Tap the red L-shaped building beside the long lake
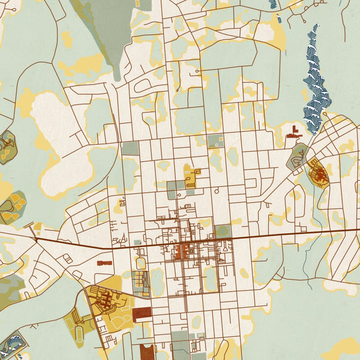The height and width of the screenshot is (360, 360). click(x=295, y=132)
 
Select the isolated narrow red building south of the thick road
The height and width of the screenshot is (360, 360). click(x=104, y=263)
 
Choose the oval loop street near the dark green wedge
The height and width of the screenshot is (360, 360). click(x=144, y=86)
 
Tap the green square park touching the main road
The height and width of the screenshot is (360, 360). click(x=223, y=231)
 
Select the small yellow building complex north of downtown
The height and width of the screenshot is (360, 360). click(x=191, y=178)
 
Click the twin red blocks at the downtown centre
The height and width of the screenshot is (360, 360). click(x=182, y=250)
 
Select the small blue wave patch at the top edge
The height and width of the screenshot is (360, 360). click(x=274, y=4)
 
